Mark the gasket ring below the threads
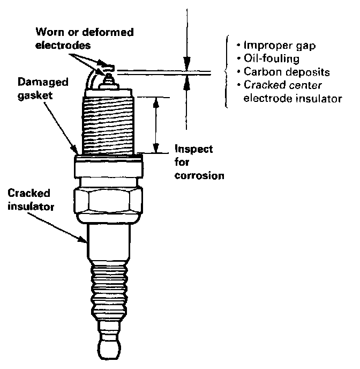click(110, 157)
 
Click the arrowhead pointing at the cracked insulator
click(86, 242)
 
